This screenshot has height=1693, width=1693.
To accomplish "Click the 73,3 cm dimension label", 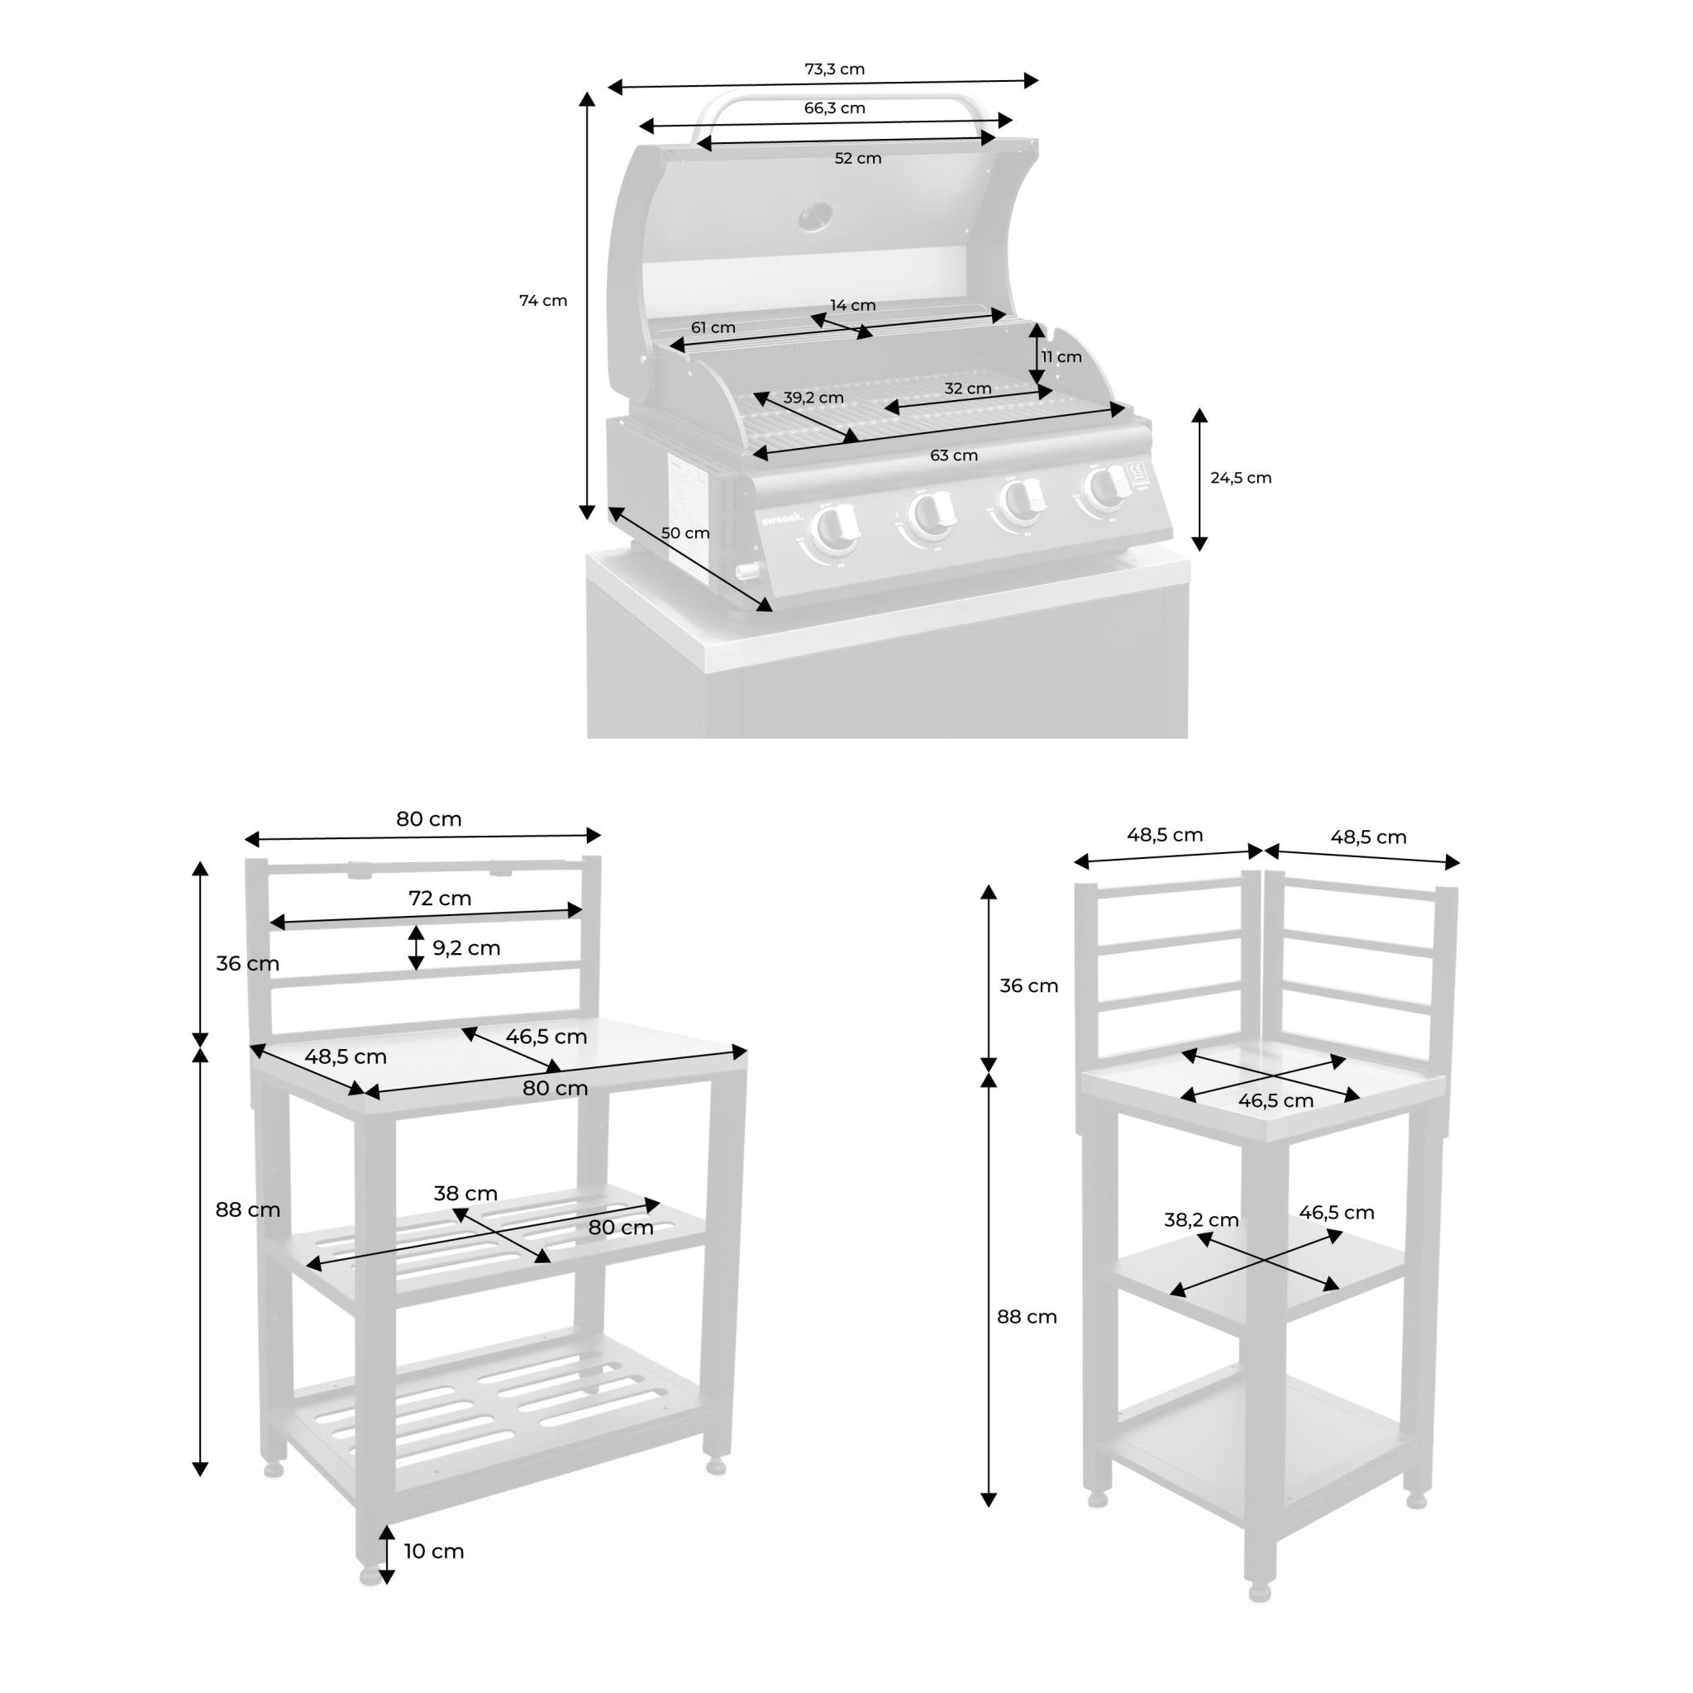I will click(x=834, y=69).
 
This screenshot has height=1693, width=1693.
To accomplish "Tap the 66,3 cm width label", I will click(x=834, y=108).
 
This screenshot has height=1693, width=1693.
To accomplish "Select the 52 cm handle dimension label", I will click(x=857, y=159).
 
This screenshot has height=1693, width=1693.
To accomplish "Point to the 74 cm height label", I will click(x=542, y=301).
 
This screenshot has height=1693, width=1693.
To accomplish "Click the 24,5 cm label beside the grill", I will click(x=1240, y=478).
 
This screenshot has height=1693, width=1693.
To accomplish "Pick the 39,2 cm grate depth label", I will click(x=813, y=398).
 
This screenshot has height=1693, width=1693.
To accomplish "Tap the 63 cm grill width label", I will click(x=953, y=455).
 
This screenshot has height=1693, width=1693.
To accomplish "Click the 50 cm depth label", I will click(x=685, y=533).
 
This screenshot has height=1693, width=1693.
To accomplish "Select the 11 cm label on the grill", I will click(x=1061, y=356).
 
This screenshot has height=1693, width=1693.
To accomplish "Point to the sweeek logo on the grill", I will click(x=780, y=519).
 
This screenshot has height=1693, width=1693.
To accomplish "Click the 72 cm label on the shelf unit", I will click(x=440, y=899).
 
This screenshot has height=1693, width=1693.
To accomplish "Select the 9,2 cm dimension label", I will click(x=466, y=947).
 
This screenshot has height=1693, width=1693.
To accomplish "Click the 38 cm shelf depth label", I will click(x=465, y=1194).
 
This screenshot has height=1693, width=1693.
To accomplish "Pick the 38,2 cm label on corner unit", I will click(x=1200, y=1220).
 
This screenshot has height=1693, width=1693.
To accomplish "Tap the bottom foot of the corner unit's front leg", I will click(x=1259, y=1591).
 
